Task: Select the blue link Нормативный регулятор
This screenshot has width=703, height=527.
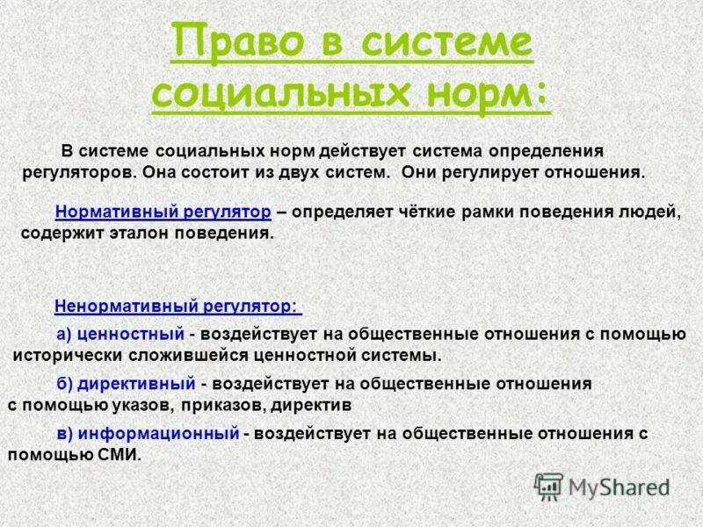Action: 163,212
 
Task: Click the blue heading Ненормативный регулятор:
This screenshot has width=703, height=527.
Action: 177,307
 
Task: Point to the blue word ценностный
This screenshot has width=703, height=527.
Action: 131,334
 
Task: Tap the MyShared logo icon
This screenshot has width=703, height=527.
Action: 548,485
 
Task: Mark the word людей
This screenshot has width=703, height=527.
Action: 649,212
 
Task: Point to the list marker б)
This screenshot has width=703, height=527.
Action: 63,384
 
